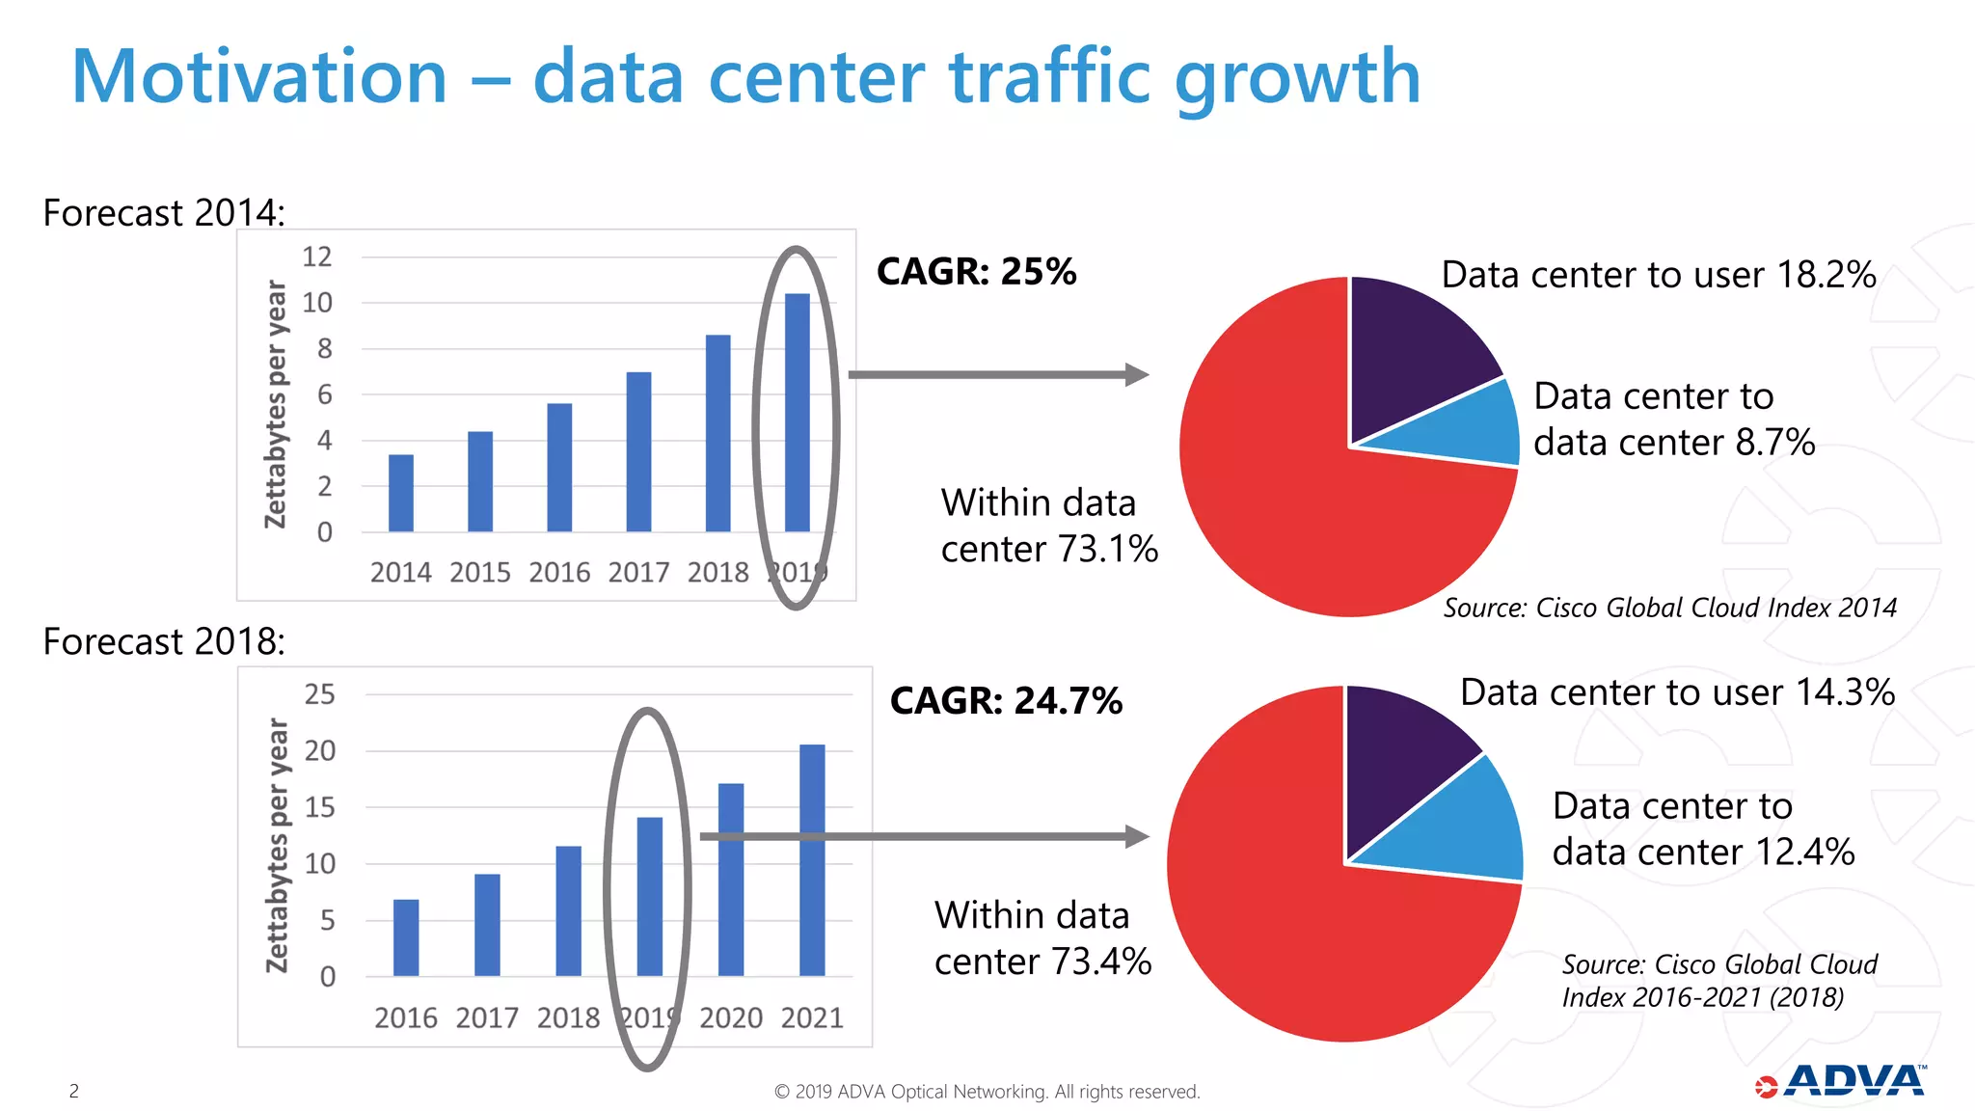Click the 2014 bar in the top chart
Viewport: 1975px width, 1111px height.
tap(401, 493)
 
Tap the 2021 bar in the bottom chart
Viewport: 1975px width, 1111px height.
tap(812, 859)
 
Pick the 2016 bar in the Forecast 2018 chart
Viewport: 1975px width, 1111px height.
tap(406, 936)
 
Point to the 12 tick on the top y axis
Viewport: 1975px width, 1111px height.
tap(316, 257)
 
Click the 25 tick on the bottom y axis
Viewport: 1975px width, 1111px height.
tap(319, 694)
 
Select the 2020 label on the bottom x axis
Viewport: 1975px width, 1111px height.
tap(731, 1017)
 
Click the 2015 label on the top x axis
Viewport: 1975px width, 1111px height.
tap(479, 572)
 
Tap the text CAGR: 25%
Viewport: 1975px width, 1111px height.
tap(976, 271)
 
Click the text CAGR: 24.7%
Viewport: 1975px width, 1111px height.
tap(1006, 700)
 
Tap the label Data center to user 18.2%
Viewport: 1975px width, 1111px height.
tap(1658, 275)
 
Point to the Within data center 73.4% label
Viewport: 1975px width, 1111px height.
tap(1042, 937)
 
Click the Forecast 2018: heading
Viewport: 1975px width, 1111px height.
tap(164, 641)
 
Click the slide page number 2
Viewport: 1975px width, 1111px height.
tap(74, 1091)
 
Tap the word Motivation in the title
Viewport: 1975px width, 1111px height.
tap(259, 77)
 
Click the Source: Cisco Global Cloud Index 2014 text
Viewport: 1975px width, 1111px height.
tap(1669, 608)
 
